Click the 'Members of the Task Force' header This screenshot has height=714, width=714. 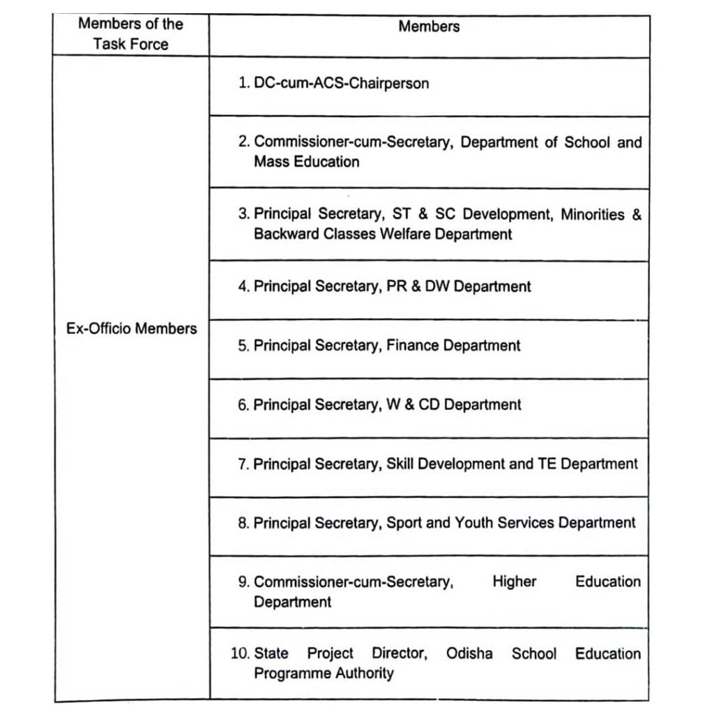tap(130, 33)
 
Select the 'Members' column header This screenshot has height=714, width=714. tap(429, 26)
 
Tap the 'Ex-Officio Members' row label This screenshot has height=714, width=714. tap(132, 328)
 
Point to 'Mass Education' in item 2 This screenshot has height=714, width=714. tap(307, 162)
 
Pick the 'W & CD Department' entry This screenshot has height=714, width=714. tap(454, 405)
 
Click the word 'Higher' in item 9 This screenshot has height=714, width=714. tap(515, 582)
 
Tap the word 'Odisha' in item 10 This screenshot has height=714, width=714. tap(469, 654)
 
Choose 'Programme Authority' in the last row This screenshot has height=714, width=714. tap(324, 674)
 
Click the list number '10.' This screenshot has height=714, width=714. tap(240, 654)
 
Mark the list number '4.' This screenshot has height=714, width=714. tap(243, 287)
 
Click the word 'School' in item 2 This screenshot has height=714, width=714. tap(587, 142)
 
